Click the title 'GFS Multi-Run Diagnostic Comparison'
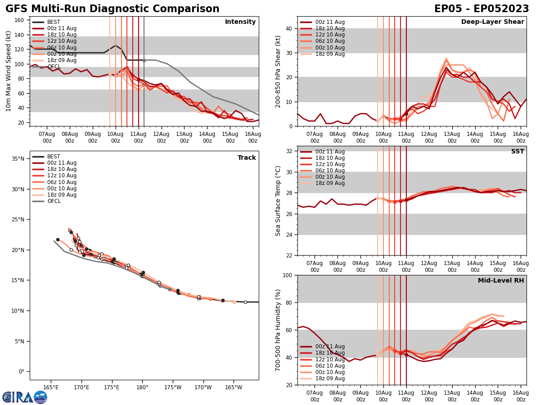pos(112,9)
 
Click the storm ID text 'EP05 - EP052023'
pos(481,9)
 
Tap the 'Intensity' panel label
pos(240,22)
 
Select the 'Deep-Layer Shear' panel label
pos(492,22)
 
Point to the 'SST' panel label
pos(517,152)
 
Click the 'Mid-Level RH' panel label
pos(501,281)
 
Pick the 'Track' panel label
pos(247,158)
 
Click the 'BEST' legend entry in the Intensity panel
pos(54,22)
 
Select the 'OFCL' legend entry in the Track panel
pos(54,201)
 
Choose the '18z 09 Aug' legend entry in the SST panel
pos(329,183)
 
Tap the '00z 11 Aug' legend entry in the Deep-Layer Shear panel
pos(329,22)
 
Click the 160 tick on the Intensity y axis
pos(20,20)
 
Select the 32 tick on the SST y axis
pos(290,151)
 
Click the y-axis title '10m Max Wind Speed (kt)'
pos(9,71)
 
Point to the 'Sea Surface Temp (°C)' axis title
pos(278,201)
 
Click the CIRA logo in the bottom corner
pos(24,397)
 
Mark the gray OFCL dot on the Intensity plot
pos(144,60)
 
